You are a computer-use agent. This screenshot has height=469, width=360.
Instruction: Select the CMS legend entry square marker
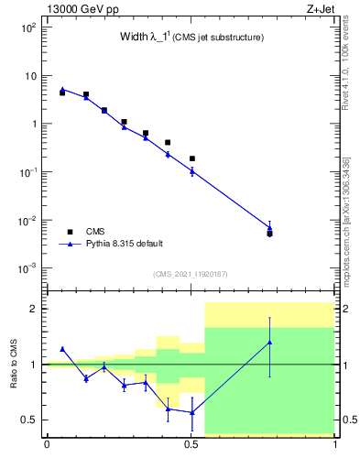point(69,232)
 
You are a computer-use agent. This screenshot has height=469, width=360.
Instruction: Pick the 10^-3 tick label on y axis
point(27,269)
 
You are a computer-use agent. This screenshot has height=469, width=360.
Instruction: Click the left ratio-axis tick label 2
point(33,309)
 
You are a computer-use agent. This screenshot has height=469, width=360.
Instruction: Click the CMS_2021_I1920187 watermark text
point(190,273)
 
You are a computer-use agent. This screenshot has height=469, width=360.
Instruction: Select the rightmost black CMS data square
point(269,234)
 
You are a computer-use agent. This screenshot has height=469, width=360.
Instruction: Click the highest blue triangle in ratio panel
point(269,343)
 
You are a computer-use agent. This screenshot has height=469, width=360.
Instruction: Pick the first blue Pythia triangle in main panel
point(62,89)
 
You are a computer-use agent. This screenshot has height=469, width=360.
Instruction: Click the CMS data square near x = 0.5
point(192,158)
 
